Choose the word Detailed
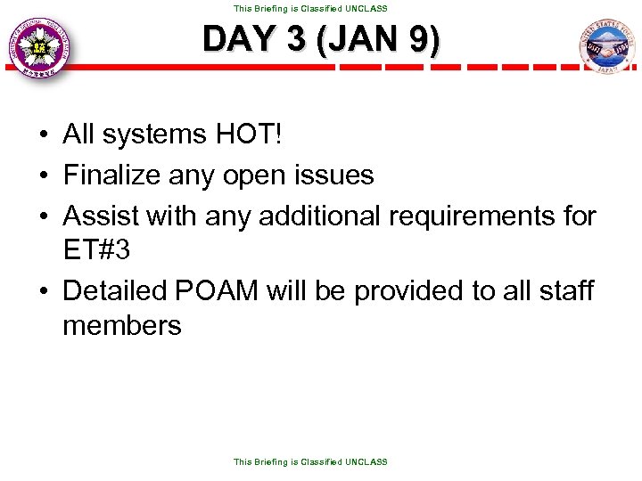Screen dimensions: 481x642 point(119,290)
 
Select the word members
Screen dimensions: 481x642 point(121,326)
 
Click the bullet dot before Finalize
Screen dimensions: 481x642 point(43,175)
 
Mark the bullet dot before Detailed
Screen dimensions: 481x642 point(43,291)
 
